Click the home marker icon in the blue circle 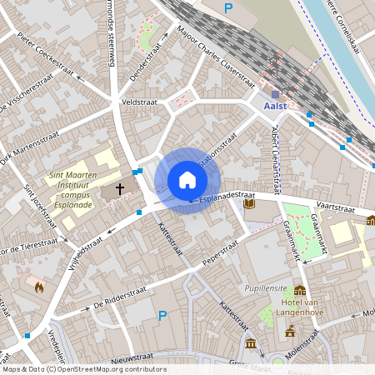click(187, 180)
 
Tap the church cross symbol click(120, 190)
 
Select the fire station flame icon click(37, 286)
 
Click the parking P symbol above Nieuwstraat click(163, 316)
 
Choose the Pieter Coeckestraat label click(46, 49)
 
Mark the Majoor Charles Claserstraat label click(215, 55)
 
